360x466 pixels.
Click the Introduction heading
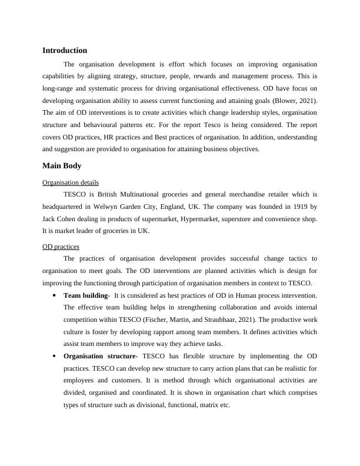(65, 51)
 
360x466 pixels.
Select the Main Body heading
(62, 166)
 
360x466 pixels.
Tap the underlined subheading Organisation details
(71, 182)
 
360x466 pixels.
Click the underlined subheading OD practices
(61, 247)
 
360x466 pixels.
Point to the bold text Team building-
(86, 295)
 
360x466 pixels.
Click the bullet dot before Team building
(54, 295)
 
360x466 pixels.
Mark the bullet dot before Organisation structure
(54, 357)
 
